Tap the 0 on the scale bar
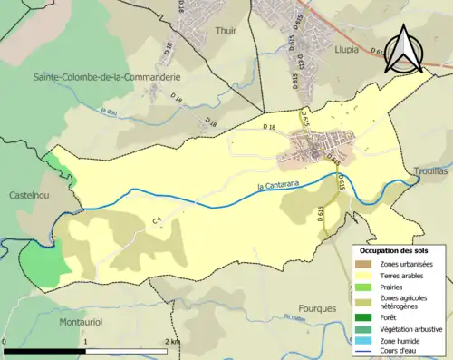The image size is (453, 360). (5, 341)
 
